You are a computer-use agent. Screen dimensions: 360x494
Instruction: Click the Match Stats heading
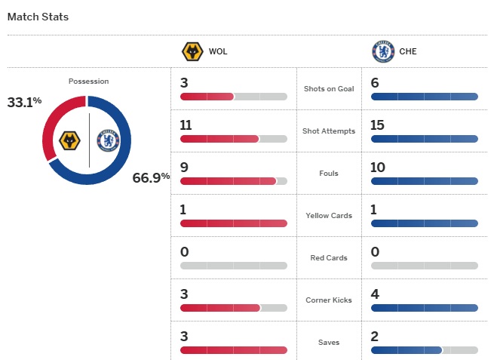pos(38,17)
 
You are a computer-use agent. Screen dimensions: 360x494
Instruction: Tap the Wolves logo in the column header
pos(193,52)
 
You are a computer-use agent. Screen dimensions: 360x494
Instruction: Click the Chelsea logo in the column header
pos(383,52)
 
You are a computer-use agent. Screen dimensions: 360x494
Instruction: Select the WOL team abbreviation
pos(218,52)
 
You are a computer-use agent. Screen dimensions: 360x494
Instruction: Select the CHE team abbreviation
pos(408,52)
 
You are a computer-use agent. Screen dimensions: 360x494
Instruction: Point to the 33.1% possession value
pos(25,102)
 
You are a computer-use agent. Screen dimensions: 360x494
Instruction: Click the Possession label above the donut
pos(88,81)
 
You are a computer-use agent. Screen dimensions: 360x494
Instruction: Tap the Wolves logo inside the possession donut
pos(70,140)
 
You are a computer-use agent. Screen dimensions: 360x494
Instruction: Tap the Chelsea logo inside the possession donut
pos(108,140)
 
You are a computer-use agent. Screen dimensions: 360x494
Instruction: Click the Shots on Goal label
pos(328,89)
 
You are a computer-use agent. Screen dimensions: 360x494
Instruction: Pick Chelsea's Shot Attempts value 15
pos(379,125)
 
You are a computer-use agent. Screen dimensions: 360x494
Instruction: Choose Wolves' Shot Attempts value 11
pos(187,125)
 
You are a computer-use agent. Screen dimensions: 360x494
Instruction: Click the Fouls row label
pos(328,174)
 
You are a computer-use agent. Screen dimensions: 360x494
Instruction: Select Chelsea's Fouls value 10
pos(379,167)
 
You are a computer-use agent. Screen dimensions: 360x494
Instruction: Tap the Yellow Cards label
pos(328,216)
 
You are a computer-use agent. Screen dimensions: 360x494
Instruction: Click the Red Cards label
pos(328,258)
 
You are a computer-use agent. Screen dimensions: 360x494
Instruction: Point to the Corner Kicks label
pos(328,300)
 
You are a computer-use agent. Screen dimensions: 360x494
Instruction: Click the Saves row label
pos(328,343)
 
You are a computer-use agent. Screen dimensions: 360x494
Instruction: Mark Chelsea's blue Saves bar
pos(407,350)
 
